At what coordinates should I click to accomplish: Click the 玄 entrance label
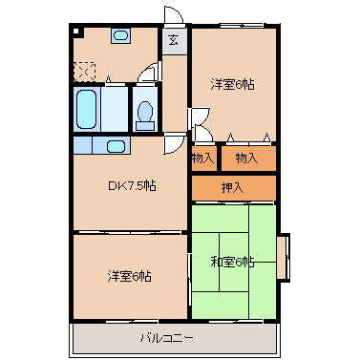tap(174, 39)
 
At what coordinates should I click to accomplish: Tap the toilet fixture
tap(145, 112)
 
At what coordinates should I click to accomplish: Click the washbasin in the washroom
tap(121, 36)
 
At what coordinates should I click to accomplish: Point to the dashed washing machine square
tap(86, 71)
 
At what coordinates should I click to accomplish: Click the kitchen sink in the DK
tap(116, 146)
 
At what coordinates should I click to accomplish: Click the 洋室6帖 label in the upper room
tap(233, 83)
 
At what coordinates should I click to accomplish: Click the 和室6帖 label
tap(232, 263)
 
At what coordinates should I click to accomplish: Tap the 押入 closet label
tap(233, 187)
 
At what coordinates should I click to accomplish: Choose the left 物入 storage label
tap(203, 157)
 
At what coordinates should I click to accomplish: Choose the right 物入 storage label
tap(247, 157)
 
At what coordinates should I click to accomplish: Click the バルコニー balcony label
tap(167, 337)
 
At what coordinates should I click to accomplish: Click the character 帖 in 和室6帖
tap(248, 263)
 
